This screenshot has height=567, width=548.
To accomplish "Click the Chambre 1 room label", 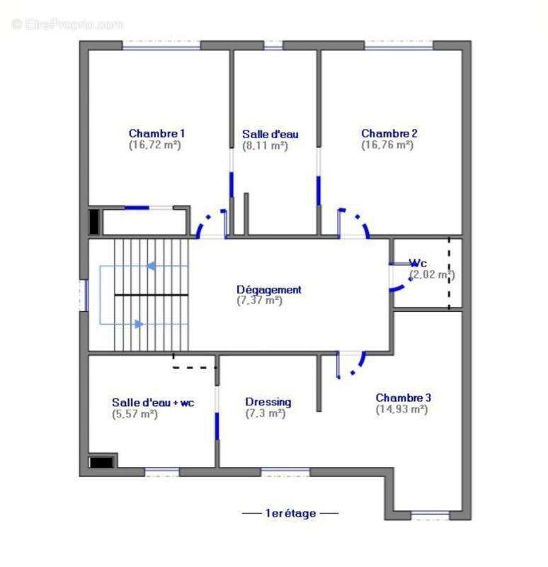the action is point(156,133).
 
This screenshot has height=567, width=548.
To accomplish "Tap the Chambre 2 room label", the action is point(389,133).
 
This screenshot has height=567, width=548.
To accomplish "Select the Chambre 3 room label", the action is point(404,398).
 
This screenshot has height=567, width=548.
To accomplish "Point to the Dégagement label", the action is point(269,290).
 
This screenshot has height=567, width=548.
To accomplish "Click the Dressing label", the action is point(268,403).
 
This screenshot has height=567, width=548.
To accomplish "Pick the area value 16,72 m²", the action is point(155,145).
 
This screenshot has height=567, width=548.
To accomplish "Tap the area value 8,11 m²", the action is point(265,146).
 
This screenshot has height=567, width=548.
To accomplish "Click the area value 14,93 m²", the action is point(401,410).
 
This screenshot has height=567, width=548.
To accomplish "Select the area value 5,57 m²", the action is point(135,415).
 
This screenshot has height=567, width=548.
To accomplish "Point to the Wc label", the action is point(418,263).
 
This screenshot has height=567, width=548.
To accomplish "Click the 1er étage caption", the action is point(291,513).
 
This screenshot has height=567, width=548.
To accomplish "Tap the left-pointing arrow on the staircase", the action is point(151,266).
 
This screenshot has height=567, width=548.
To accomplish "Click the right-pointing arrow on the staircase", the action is point(139,324).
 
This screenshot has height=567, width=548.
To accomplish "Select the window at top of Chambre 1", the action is point(161,45).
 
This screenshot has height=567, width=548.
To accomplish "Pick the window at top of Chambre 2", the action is point(399,45).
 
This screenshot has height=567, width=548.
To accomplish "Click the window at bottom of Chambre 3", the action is point(430,515).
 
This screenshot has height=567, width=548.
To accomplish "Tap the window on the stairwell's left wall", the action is point(84,296).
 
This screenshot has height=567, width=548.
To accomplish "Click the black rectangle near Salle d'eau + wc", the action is point(101,463).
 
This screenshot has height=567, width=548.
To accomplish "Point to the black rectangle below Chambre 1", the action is point(94,222).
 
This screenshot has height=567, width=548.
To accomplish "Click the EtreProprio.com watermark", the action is point(67,25).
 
